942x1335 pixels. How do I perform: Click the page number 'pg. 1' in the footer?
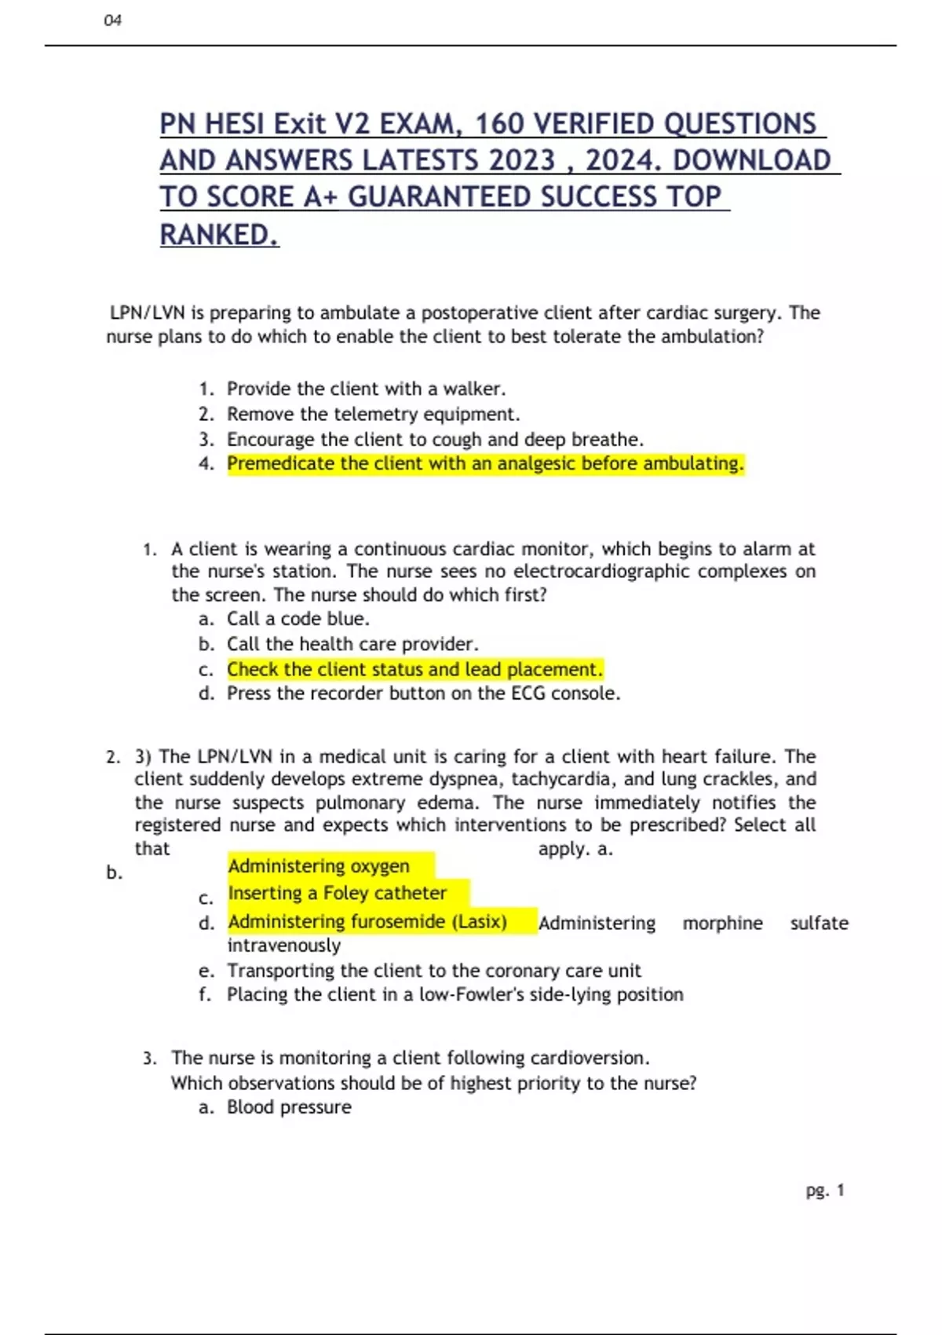tap(824, 1191)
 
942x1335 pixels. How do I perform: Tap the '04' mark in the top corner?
tap(112, 20)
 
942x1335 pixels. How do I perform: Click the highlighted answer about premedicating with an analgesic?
tap(485, 464)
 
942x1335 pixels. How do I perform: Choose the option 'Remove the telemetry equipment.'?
tap(373, 414)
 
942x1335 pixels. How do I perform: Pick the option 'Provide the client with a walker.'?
tap(366, 389)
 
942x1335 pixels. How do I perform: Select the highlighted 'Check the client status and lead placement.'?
tap(414, 669)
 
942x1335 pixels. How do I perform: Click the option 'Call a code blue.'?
tap(298, 619)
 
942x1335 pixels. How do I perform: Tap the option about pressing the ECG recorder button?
tap(423, 693)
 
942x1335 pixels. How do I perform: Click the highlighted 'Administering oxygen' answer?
tap(319, 866)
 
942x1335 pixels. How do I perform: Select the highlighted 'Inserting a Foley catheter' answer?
tap(337, 893)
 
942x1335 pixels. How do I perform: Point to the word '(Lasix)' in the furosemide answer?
tap(479, 921)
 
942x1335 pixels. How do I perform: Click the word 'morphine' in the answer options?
tap(722, 924)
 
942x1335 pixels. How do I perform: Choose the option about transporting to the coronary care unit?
tap(433, 971)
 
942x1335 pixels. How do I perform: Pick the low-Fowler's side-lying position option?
tap(455, 995)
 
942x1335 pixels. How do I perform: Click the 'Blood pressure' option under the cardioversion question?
tap(289, 1107)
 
